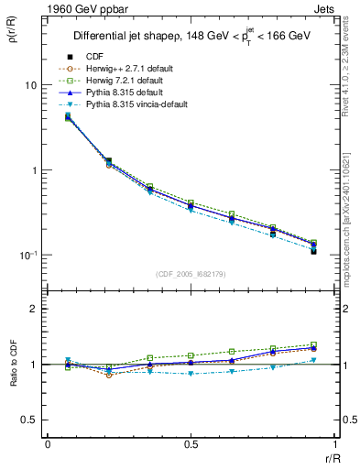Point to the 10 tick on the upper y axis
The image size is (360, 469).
click(x=29, y=85)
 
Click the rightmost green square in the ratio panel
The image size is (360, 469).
click(x=314, y=344)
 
